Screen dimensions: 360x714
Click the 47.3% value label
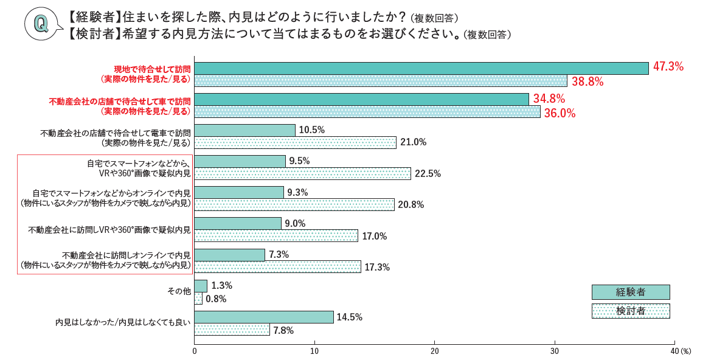668,67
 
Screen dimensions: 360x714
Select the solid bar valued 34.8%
361,99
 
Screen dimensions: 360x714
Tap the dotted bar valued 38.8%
381,81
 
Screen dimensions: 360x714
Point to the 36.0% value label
559,113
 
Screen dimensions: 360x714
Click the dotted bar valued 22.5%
302,173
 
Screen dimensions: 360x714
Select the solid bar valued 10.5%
244,130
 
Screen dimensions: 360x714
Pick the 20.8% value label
411,205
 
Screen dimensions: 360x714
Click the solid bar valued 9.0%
238,223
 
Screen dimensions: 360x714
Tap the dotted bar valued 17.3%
277,267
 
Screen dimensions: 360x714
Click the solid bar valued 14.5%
264,317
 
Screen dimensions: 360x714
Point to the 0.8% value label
216,299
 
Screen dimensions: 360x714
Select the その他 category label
179,291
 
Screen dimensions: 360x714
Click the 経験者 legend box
630,292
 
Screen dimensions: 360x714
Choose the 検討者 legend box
630,311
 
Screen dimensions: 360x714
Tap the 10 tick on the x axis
314,351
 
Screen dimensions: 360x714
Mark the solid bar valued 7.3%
229,255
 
